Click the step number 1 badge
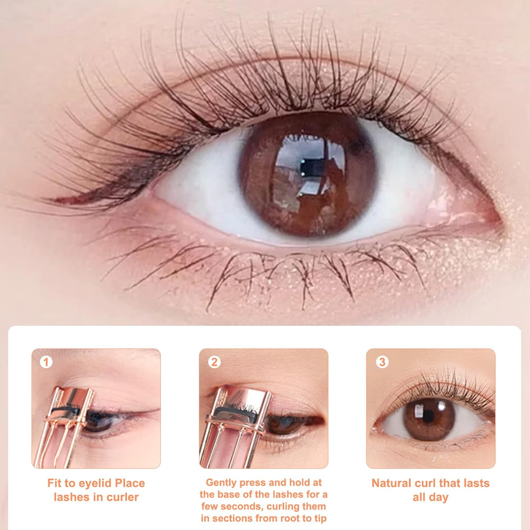(46, 362)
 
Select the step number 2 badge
(214, 362)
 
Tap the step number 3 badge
(382, 362)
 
